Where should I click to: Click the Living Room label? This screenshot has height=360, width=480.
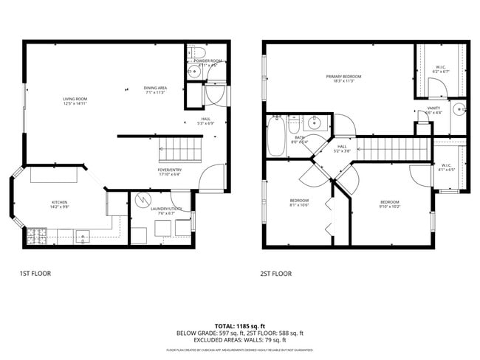75,101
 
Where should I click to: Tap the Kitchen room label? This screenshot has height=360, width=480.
59,204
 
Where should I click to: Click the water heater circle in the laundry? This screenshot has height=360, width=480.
140,201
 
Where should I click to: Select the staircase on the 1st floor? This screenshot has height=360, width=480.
179,152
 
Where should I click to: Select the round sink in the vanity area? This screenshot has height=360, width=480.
458,110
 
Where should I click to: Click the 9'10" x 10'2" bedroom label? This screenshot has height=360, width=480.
389,204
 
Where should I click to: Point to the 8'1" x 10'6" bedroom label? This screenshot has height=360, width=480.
299,203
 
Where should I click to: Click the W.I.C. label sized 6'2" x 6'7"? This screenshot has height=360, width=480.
440,69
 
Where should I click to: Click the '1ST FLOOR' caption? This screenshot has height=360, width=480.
35,274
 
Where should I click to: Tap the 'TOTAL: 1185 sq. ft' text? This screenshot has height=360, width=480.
239,325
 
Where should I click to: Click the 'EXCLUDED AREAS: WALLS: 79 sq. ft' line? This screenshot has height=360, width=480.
239,340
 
